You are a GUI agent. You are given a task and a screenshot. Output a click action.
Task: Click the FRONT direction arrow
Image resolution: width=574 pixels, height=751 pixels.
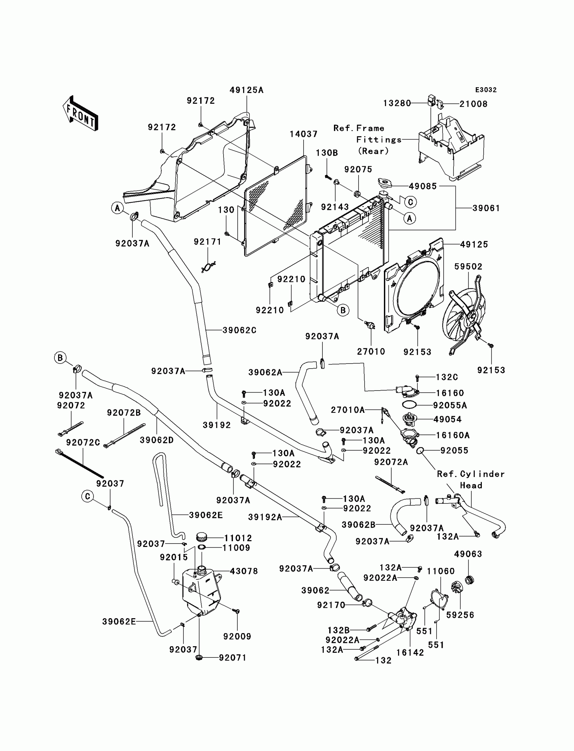(x=81, y=114)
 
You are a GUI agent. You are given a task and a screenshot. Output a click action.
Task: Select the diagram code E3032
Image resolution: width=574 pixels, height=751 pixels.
(x=486, y=90)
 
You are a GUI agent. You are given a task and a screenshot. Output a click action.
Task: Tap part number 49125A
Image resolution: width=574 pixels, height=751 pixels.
(x=246, y=90)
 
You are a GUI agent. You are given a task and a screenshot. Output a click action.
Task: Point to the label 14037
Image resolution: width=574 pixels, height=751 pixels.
(x=304, y=134)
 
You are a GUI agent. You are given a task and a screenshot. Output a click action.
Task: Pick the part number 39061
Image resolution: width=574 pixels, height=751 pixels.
(x=486, y=208)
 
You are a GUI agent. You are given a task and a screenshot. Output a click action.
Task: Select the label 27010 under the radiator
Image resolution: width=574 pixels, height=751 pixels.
(x=371, y=351)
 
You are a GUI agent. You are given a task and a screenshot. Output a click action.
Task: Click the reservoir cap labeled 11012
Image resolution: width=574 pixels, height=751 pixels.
(x=202, y=538)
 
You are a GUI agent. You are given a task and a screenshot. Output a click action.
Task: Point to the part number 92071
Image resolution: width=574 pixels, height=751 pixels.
(x=232, y=658)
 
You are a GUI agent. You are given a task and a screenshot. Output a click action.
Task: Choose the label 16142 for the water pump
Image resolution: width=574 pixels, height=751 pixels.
(x=410, y=653)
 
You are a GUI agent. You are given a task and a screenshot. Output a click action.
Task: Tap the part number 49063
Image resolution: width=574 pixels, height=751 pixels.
(x=468, y=554)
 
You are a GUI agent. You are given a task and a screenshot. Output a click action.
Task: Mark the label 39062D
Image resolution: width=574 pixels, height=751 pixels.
(x=156, y=440)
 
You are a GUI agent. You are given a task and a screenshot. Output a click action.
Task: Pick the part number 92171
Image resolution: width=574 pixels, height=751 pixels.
(x=207, y=242)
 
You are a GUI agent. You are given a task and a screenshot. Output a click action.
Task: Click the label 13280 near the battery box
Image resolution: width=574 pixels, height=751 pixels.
(x=397, y=103)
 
